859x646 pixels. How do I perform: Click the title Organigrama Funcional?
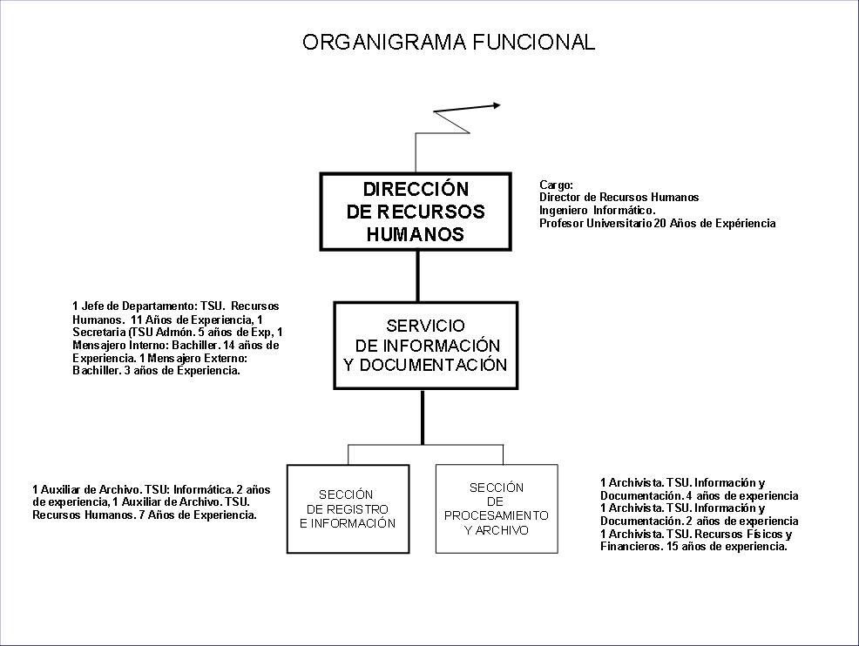click(449, 42)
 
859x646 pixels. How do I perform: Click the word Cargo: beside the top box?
click(556, 185)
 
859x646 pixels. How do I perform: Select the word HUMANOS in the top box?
click(416, 234)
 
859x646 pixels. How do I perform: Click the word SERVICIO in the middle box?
click(426, 326)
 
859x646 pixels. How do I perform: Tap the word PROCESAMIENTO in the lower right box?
click(497, 515)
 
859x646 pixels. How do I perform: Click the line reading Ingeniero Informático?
click(597, 210)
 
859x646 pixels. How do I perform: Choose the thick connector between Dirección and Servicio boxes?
click(417, 276)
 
